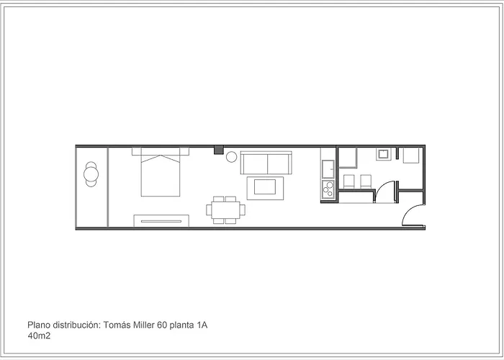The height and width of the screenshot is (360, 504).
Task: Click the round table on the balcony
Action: [x=91, y=173]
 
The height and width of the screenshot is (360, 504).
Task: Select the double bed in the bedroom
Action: [x=160, y=174]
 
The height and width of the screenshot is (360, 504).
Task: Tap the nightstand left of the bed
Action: [x=136, y=150]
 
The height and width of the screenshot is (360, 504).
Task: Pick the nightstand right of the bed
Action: [x=184, y=150]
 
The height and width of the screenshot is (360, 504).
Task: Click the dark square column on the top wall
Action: [x=218, y=150]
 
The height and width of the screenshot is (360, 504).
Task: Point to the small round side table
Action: [x=232, y=156]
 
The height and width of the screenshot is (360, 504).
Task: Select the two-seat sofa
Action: [x=266, y=163]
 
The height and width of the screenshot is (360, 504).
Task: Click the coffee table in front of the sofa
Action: [x=266, y=188]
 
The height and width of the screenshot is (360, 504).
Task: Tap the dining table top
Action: [x=225, y=210]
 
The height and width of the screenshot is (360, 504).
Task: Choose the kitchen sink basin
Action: [x=327, y=168]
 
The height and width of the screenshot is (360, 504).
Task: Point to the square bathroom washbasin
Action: [x=384, y=153]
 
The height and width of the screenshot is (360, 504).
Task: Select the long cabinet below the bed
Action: [x=161, y=220]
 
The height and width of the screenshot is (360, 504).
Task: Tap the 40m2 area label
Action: [x=39, y=336]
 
